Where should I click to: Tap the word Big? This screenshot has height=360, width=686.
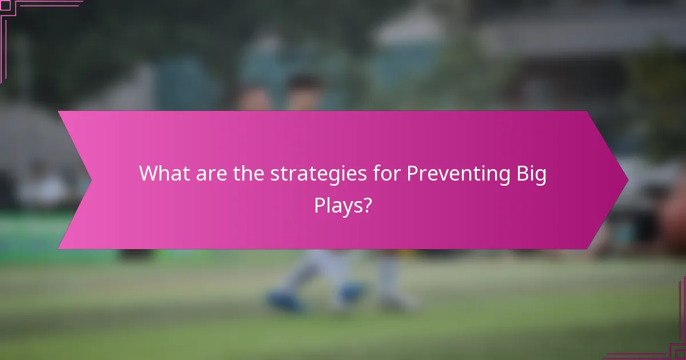tap(531, 174)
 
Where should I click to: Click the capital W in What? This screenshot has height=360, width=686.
tap(150, 173)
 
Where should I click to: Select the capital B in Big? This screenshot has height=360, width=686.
tap(521, 173)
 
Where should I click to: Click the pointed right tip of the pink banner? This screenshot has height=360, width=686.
tap(627, 180)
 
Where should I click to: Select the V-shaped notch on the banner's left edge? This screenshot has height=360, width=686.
tap(90, 180)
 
